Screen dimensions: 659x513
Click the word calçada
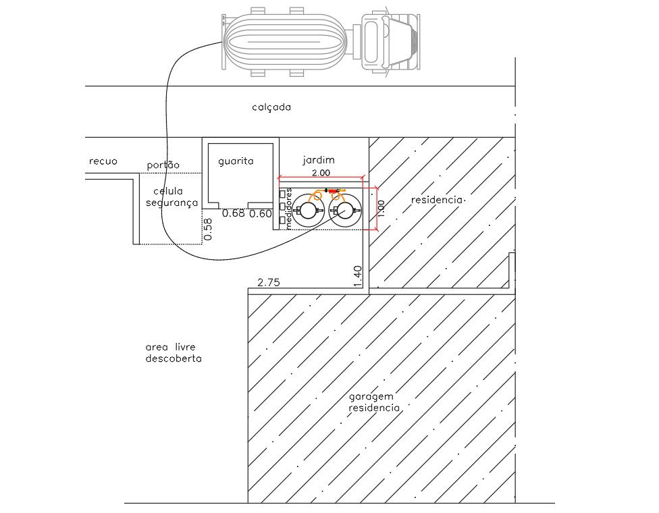click(271, 107)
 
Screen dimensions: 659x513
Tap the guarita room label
click(236, 161)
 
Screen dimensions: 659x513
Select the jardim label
click(319, 160)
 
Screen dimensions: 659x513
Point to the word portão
click(163, 165)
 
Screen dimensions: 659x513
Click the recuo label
click(103, 161)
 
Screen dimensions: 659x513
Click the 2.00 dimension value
click(321, 173)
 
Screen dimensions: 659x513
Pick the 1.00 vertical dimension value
click(381, 209)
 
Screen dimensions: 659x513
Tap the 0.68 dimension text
click(233, 213)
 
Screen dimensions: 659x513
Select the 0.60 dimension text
click(261, 214)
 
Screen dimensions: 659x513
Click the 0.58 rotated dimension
click(207, 230)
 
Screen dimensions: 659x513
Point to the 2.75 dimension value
click(269, 283)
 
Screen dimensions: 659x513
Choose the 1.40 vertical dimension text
click(358, 277)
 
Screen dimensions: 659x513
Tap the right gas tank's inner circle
click(344, 211)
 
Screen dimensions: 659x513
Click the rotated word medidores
click(288, 209)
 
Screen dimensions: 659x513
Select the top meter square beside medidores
click(282, 194)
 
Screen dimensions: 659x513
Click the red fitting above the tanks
click(334, 191)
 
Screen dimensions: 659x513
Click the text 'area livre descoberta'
click(174, 353)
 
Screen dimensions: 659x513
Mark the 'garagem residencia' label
click(374, 402)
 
